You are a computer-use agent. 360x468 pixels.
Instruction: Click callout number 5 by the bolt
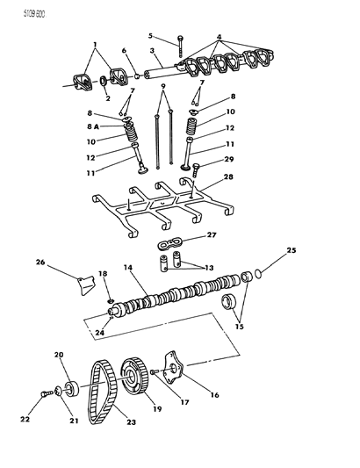[150, 36]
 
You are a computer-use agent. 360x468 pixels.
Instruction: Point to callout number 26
[40, 261]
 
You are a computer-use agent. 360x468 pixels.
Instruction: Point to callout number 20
[59, 355]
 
